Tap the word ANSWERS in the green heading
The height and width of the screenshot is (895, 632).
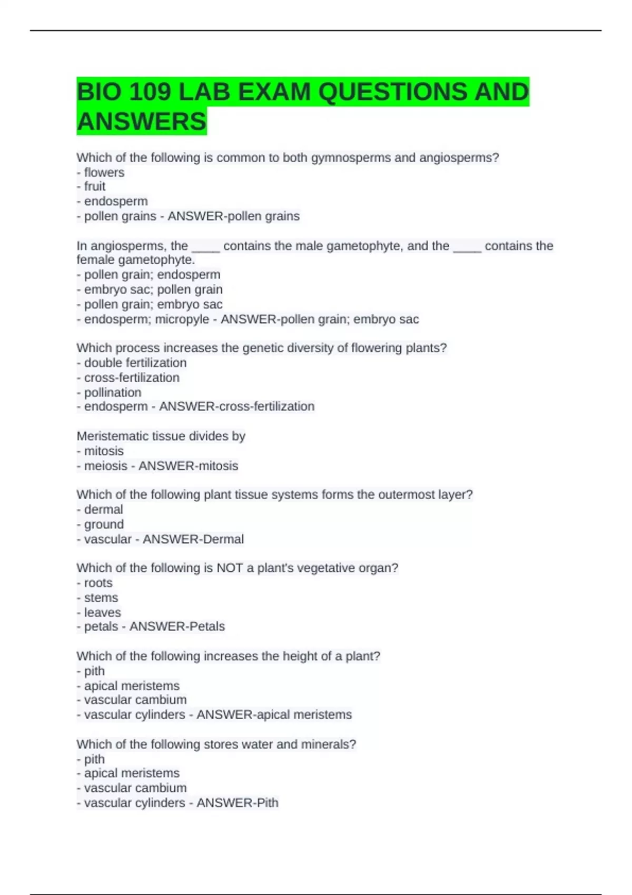coord(142,122)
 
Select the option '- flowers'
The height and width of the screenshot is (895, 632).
coord(101,172)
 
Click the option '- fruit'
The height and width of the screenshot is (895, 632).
coord(91,186)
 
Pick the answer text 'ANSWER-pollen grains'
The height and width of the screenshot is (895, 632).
coord(233,216)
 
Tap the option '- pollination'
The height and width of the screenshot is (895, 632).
coord(109,392)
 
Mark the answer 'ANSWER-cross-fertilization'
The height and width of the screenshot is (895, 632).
coord(236,406)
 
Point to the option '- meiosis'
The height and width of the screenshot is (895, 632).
coord(102,466)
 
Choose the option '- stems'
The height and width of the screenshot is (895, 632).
coord(97,598)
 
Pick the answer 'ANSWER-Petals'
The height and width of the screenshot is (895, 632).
coord(177,626)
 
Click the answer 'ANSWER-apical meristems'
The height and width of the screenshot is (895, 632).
coord(274,714)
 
